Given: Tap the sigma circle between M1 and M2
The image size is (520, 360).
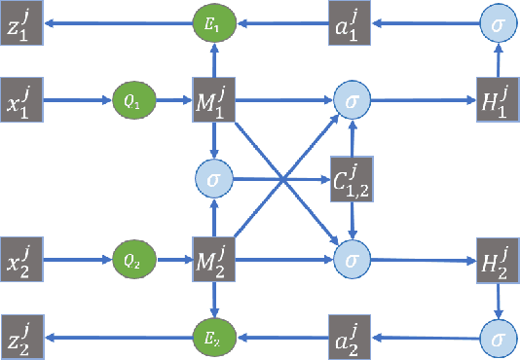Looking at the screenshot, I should click(x=212, y=178).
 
